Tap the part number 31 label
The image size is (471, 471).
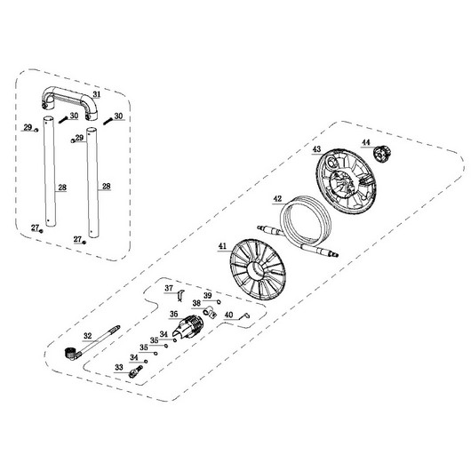97,94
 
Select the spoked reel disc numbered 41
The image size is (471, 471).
258,269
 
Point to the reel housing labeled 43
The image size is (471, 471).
347,180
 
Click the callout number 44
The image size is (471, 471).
366,142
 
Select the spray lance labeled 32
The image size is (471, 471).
92,343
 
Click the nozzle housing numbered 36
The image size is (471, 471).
188,326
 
